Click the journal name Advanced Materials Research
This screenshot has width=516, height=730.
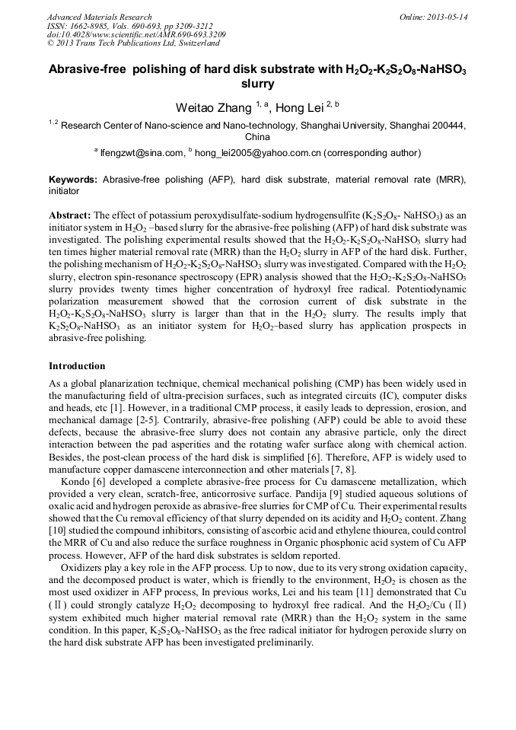pos(99,17)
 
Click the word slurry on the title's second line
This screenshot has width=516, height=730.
pos(257,84)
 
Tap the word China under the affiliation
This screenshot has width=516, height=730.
pos(257,138)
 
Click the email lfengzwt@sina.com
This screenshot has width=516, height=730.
pos(142,153)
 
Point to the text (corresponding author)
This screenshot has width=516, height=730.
pos(372,153)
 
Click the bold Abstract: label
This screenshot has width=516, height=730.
pos(70,215)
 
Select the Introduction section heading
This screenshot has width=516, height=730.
pos(77,366)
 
